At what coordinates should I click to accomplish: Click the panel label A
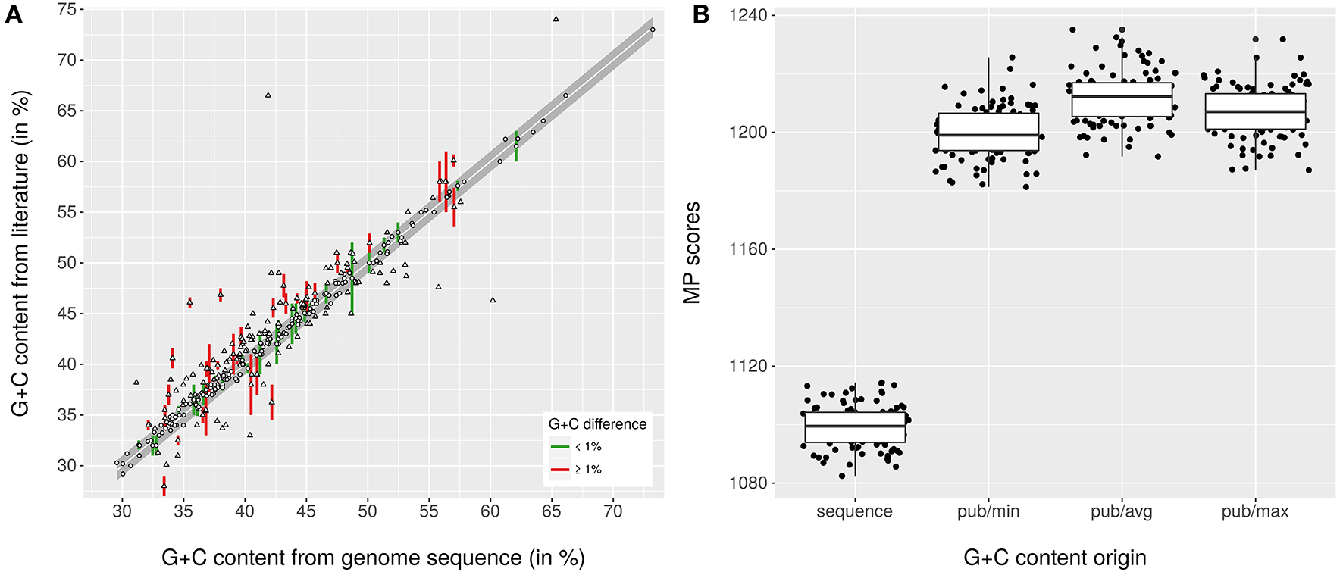13,14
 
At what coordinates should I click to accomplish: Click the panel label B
701,14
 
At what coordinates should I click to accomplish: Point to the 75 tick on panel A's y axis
67,9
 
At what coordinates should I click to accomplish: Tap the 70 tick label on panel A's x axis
612,511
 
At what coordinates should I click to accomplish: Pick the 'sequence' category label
854,511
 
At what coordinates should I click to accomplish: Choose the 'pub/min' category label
988,511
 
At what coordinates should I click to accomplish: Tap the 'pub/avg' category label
1121,511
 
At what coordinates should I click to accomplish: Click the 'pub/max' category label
1254,511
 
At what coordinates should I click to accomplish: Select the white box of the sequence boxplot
855,427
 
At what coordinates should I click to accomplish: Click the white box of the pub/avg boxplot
1122,100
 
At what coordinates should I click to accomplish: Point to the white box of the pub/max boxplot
1255,112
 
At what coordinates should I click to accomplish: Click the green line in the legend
559,446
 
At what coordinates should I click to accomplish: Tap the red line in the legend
559,470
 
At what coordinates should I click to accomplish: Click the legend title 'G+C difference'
597,424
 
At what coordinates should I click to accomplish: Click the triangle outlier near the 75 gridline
556,19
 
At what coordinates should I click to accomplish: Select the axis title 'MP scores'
691,253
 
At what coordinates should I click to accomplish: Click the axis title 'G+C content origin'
1054,558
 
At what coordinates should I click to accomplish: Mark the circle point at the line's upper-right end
653,30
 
